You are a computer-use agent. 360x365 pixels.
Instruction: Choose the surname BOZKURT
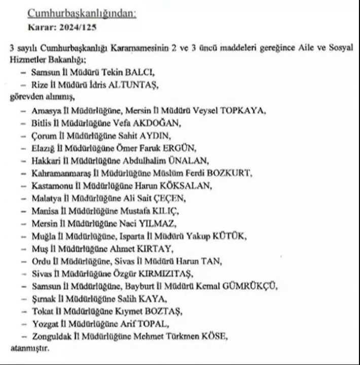pyautogui.click(x=230, y=173)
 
